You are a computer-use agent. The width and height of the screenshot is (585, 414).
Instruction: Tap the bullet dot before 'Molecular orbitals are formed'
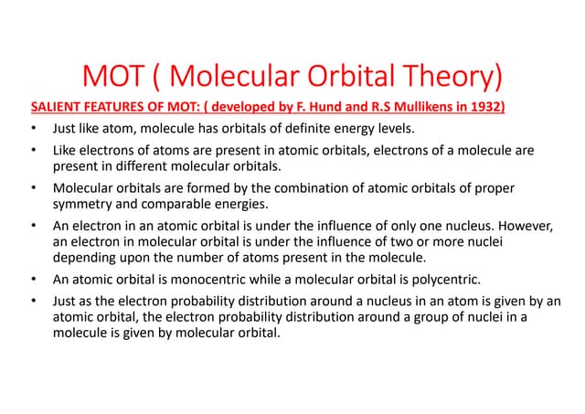32,189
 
